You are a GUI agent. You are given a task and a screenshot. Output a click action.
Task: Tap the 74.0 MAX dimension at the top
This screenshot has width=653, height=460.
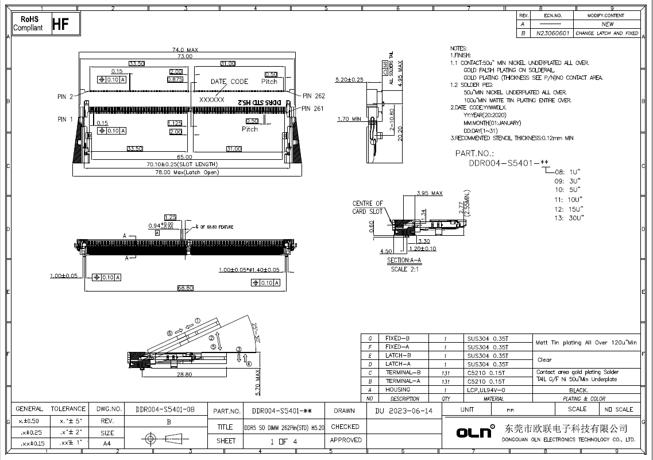185,50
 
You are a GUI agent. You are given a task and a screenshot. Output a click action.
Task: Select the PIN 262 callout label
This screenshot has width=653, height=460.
314,96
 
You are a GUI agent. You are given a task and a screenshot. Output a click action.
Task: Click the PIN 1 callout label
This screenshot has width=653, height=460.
65,120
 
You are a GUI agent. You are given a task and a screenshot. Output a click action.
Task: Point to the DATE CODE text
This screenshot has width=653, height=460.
229,82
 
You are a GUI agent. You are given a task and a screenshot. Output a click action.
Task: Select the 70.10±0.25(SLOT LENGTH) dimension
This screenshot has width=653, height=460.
185,164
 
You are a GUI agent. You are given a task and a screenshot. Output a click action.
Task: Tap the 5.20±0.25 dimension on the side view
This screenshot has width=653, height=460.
349,80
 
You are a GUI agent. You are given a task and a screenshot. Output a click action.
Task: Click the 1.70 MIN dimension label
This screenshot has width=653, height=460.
349,119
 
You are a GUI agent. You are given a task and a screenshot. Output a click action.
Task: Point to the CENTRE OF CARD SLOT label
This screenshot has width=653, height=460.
368,208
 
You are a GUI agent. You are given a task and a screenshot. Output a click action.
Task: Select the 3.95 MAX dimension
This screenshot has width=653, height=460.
430,193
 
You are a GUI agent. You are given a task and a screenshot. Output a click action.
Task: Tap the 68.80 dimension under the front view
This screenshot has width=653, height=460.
185,287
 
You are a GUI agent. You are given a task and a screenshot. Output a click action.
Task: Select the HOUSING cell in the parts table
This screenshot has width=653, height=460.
398,390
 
